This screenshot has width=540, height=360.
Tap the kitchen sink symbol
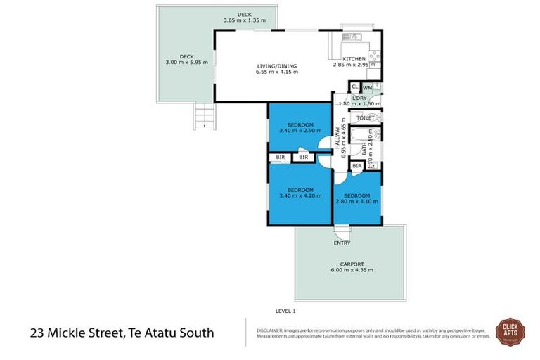(x=349, y=37)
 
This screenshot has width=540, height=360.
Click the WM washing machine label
(x=368, y=88)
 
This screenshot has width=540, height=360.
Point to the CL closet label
(x=355, y=88)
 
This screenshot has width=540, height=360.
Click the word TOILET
(x=366, y=118)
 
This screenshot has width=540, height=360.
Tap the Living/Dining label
(x=277, y=66)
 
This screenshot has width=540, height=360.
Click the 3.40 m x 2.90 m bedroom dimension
(x=300, y=131)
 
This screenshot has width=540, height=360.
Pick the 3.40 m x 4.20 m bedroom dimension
(x=300, y=196)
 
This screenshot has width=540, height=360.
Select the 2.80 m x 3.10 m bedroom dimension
(x=357, y=201)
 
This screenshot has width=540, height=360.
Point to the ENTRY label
(x=342, y=243)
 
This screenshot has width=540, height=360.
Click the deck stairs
(x=203, y=116)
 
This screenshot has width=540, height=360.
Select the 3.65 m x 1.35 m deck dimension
(x=244, y=20)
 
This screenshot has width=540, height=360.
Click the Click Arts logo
(x=511, y=330)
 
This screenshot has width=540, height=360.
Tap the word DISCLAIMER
(x=269, y=329)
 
